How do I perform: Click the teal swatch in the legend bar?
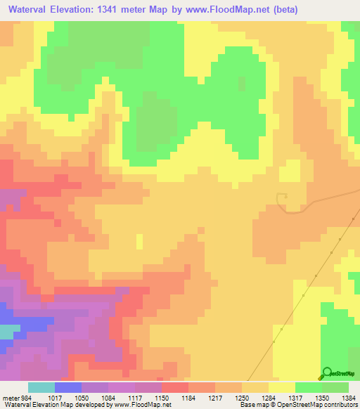41,388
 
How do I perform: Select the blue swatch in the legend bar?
68,388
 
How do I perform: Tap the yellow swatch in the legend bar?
281,388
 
